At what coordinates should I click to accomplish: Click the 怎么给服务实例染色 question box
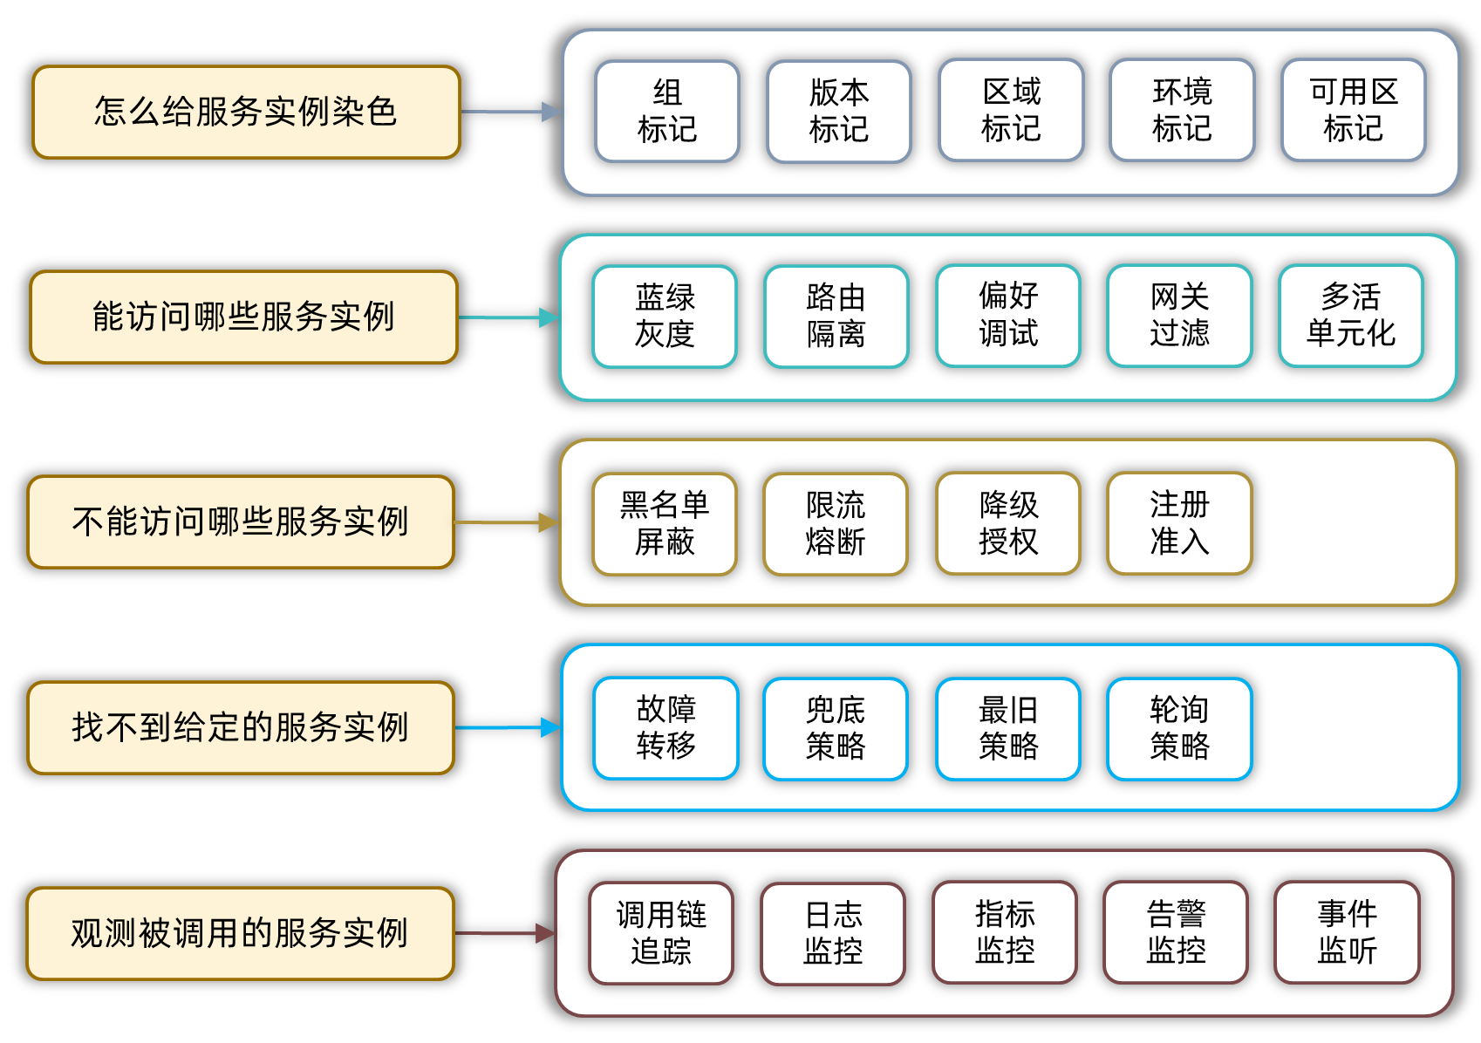pyautogui.click(x=246, y=112)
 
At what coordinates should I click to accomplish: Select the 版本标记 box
pyautogui.click(x=838, y=112)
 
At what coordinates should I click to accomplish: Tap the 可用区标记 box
pyautogui.click(x=1353, y=111)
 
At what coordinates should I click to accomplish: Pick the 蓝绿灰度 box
pyautogui.click(x=665, y=317)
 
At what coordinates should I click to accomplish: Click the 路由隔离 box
pyautogui.click(x=836, y=317)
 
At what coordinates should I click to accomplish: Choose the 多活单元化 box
pyautogui.click(x=1350, y=316)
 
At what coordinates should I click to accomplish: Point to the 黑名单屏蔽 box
pyautogui.click(x=665, y=523)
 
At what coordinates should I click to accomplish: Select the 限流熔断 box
pyautogui.click(x=836, y=523)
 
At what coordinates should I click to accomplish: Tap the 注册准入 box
pyautogui.click(x=1179, y=522)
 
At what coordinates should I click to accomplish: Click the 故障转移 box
pyautogui.click(x=665, y=728)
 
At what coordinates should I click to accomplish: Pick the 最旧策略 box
pyautogui.click(x=1007, y=728)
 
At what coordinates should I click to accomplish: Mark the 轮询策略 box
pyautogui.click(x=1179, y=728)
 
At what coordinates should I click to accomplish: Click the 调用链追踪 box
pyautogui.click(x=661, y=933)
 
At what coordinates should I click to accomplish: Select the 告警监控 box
pyautogui.click(x=1176, y=932)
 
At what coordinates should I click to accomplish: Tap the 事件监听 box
pyautogui.click(x=1347, y=932)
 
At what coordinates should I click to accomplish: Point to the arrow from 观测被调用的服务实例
pyautogui.click(x=504, y=933)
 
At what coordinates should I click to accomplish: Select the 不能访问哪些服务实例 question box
pyautogui.click(x=241, y=522)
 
